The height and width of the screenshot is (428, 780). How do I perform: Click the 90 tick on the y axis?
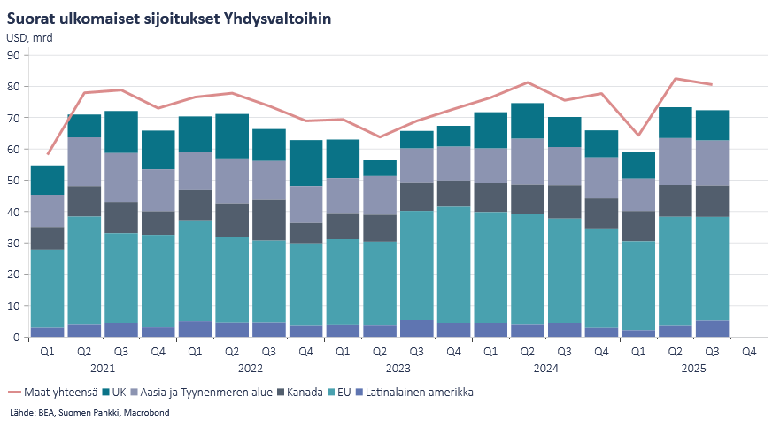pos(13,55)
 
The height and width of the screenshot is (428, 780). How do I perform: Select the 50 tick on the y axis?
pos(13,181)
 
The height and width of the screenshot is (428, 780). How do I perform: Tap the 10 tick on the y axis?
pos(13,307)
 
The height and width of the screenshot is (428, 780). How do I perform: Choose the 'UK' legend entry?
pos(119,392)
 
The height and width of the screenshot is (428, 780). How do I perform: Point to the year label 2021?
pos(103,367)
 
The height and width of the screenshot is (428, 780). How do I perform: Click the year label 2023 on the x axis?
pos(398,367)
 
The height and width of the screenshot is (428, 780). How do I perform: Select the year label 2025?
pos(693,367)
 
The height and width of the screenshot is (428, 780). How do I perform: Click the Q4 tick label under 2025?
pos(749,351)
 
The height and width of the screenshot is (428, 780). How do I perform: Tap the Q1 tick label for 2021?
pos(47,351)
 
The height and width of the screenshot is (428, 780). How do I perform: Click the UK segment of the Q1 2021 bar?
pos(47,180)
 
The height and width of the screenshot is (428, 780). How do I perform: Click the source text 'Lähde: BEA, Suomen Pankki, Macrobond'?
pos(88,413)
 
